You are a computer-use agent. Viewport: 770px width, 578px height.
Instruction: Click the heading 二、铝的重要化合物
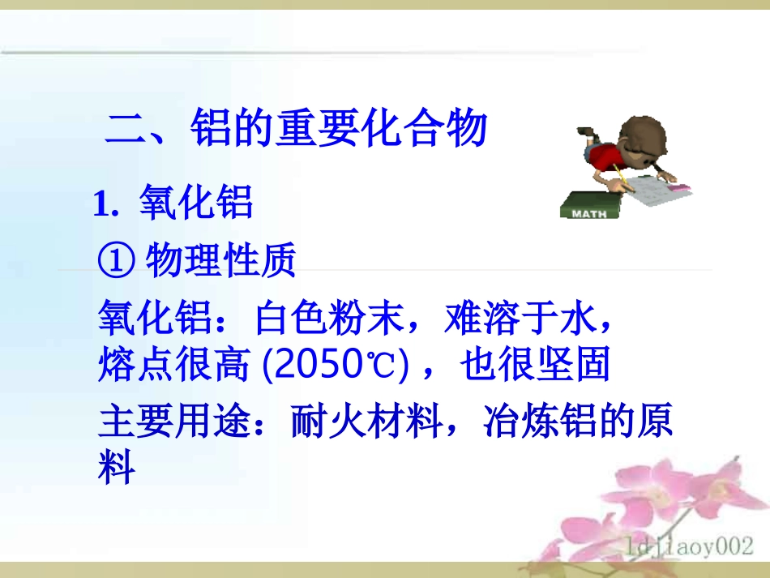click(297, 129)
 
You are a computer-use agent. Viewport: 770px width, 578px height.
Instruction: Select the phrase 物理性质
click(220, 262)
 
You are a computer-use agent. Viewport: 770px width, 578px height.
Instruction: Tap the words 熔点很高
click(173, 366)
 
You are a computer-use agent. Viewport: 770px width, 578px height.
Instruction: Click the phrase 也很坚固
click(535, 366)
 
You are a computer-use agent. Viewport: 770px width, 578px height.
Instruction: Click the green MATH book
click(592, 206)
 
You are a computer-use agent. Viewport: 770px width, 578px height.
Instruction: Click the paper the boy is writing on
click(661, 193)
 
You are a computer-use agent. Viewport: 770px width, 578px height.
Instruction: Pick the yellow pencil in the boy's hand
click(622, 178)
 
